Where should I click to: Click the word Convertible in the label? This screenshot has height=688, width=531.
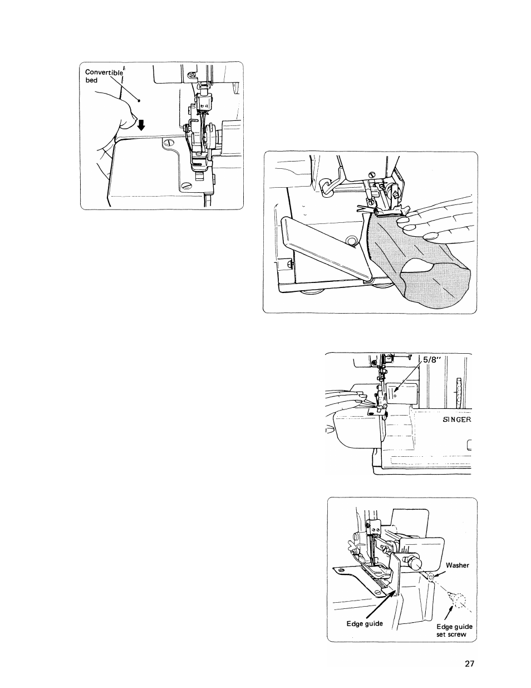click(x=104, y=72)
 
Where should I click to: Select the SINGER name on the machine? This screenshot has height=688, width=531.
click(x=456, y=420)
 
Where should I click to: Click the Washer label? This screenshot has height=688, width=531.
click(x=458, y=565)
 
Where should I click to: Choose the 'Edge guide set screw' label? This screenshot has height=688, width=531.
click(x=454, y=631)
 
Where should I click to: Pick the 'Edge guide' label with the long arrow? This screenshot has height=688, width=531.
click(x=365, y=623)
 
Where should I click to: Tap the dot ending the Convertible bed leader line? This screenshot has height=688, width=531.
click(x=139, y=101)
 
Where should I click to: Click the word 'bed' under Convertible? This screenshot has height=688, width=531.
click(x=91, y=80)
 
